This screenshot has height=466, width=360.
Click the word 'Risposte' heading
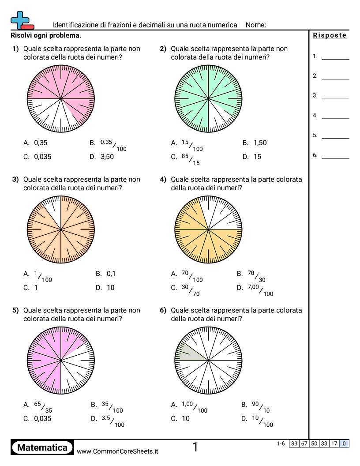point(330,36)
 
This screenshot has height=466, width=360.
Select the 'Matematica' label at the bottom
point(42,448)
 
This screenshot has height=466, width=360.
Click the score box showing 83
point(294,443)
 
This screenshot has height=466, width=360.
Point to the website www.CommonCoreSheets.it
point(117,451)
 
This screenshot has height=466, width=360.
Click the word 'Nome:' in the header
point(256,25)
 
